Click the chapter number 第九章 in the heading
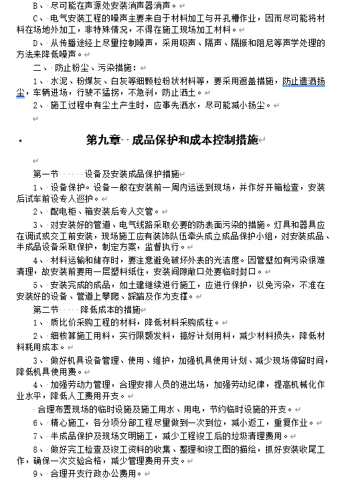click(x=103, y=140)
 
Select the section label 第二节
click(x=46, y=310)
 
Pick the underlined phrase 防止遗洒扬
click(x=304, y=82)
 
